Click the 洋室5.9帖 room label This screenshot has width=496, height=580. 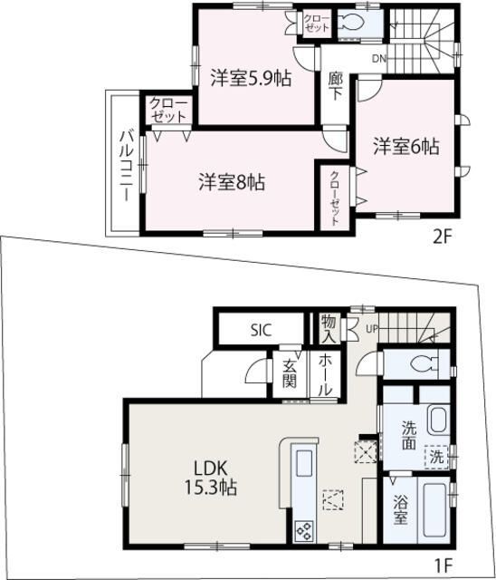pyautogui.click(x=252, y=78)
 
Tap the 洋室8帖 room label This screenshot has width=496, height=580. pyautogui.click(x=232, y=181)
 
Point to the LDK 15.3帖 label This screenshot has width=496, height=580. pyautogui.click(x=215, y=478)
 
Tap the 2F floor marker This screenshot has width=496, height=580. pyautogui.click(x=442, y=237)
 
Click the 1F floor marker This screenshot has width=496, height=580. pyautogui.click(x=442, y=566)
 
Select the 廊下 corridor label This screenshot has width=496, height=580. pyautogui.click(x=336, y=97)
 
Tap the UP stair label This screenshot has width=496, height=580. pyautogui.click(x=372, y=327)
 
